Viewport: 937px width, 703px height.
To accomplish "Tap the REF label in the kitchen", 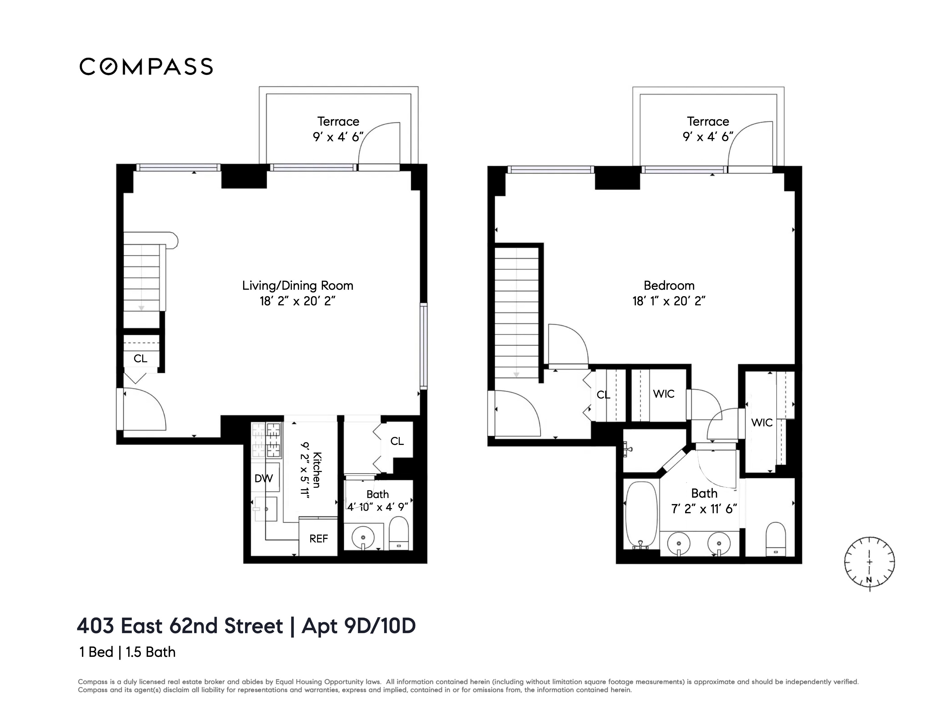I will pyautogui.click(x=319, y=539).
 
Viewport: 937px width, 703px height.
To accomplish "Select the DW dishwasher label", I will pyautogui.click(x=264, y=478).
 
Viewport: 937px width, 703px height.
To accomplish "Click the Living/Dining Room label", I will pyautogui.click(x=297, y=285).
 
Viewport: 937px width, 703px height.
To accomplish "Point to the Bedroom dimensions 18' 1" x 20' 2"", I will pyautogui.click(x=669, y=301).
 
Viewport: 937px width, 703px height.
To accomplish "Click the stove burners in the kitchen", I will pyautogui.click(x=267, y=440).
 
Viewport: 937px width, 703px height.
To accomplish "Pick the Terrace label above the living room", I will pyautogui.click(x=338, y=121).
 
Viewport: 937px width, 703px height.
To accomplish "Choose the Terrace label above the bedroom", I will pyautogui.click(x=708, y=121).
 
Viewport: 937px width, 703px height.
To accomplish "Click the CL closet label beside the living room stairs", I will pyautogui.click(x=140, y=359).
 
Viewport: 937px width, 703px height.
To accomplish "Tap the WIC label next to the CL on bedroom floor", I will pyautogui.click(x=663, y=394).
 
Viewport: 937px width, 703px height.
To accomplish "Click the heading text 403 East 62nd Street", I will pyautogui.click(x=180, y=626).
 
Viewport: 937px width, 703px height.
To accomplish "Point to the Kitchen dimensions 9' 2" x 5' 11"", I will pyautogui.click(x=305, y=470).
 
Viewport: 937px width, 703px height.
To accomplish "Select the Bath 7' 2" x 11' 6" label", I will pyautogui.click(x=704, y=501).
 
